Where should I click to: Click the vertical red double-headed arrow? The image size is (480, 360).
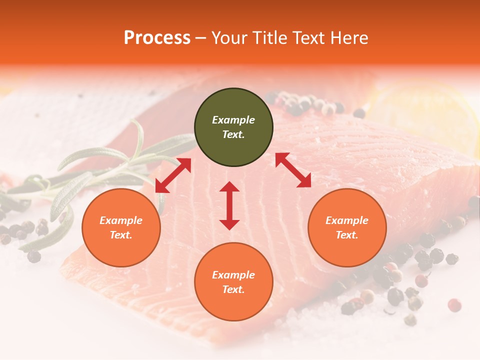point(229,205)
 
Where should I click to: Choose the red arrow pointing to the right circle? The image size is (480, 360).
point(293,170)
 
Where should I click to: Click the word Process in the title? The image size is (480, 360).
point(157,37)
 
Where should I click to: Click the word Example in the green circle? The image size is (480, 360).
point(233,120)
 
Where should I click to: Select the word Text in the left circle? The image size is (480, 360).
point(121,235)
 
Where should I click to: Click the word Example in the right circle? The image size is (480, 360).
point(347,220)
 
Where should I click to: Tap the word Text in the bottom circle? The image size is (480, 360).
point(233,289)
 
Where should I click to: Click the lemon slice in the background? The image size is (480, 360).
point(425,115)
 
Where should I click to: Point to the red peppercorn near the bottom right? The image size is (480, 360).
point(454,305)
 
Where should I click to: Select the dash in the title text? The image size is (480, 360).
point(201,38)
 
